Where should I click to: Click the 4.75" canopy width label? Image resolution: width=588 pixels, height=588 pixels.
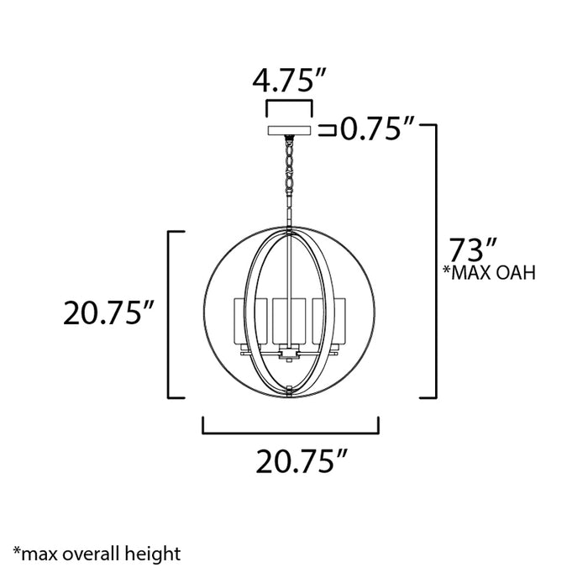coord(289,81)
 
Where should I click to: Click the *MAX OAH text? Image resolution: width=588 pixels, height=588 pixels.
coord(490,273)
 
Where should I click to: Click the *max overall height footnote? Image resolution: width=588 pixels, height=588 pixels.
coord(97,554)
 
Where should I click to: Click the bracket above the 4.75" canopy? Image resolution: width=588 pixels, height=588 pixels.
coord(289,107)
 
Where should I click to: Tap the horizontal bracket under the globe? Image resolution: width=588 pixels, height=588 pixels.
coord(291,432)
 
